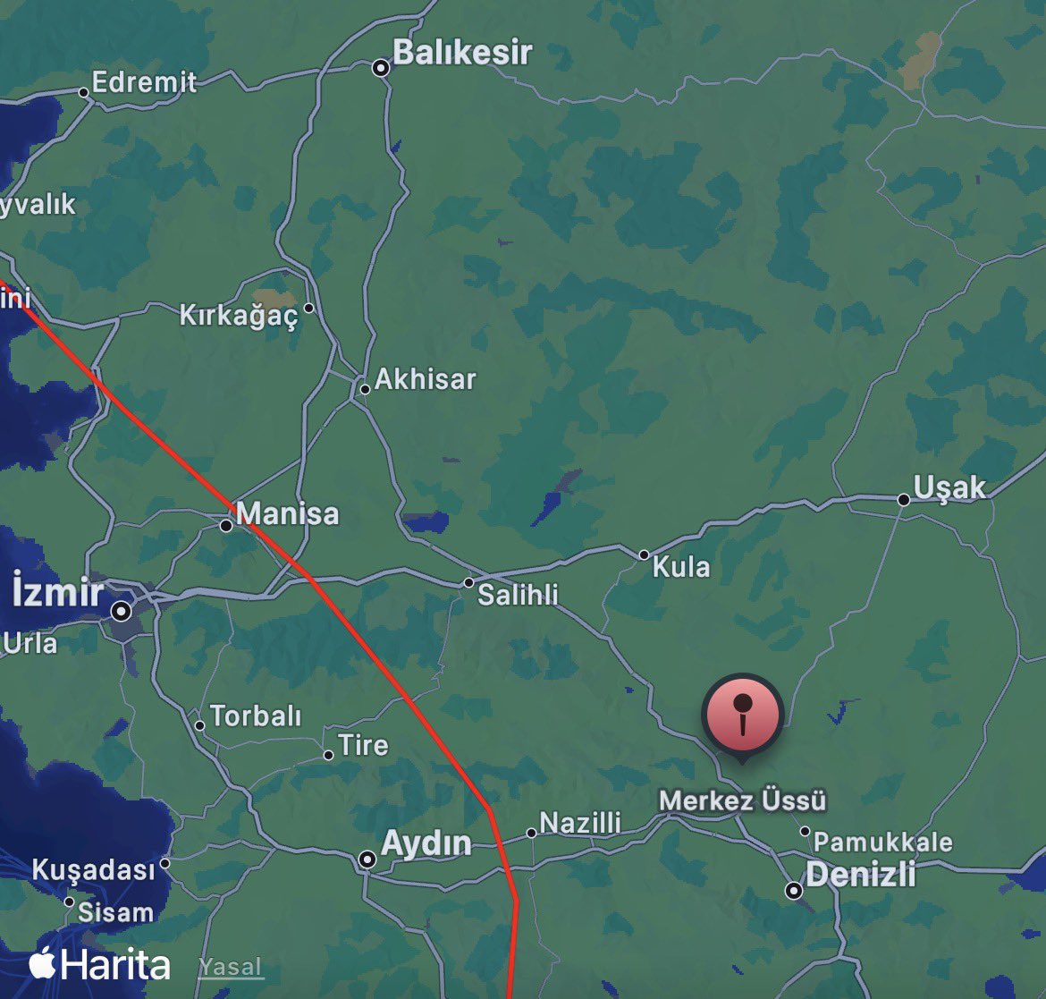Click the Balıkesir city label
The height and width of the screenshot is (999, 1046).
(x=462, y=53)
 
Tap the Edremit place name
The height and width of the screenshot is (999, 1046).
(x=144, y=82)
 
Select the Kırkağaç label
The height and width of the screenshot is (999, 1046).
(x=238, y=315)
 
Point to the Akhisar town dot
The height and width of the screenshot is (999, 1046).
(x=365, y=389)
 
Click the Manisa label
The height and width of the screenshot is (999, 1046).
(x=288, y=513)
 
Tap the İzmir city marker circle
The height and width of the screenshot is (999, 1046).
(x=122, y=612)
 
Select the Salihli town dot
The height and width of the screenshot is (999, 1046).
(x=468, y=583)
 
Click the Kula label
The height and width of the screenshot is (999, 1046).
(x=681, y=566)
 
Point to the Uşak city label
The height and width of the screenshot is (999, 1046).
(x=949, y=487)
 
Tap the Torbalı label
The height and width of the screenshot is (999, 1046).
(x=256, y=716)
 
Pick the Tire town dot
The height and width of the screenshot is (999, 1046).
(x=329, y=755)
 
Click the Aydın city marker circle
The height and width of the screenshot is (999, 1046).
(x=367, y=859)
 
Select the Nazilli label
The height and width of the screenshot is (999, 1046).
(x=580, y=823)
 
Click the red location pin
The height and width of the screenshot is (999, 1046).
(x=743, y=716)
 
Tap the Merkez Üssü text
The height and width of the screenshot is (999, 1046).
(x=743, y=800)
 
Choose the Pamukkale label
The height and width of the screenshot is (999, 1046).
(x=882, y=842)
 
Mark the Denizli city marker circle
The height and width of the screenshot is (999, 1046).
(x=794, y=891)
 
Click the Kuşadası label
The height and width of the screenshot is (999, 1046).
(x=93, y=869)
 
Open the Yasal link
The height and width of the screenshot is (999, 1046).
(x=231, y=967)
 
